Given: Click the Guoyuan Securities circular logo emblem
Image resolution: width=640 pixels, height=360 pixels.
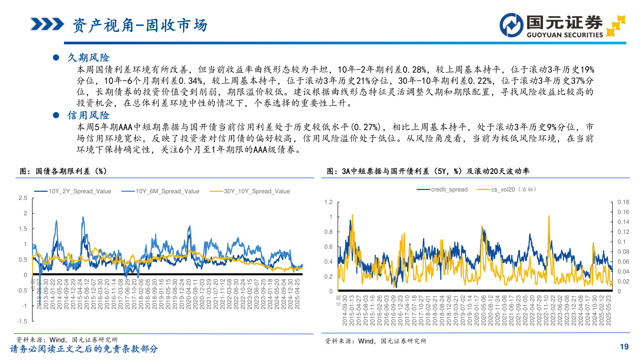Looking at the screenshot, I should (x=511, y=25).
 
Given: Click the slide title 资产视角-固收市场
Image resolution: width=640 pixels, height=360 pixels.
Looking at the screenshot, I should (x=140, y=25).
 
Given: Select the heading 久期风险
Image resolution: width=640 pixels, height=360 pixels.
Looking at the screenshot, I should (x=88, y=58).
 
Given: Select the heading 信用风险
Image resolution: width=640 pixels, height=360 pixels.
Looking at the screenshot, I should (x=88, y=115).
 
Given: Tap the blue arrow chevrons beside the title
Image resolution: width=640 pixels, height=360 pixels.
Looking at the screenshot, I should (x=47, y=24).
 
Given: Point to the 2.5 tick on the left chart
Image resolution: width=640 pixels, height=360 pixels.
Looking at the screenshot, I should (x=23, y=198).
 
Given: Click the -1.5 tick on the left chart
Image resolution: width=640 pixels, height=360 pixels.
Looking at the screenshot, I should (x=22, y=321).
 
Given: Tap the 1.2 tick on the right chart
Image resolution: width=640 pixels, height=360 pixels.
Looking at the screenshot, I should (x=328, y=202).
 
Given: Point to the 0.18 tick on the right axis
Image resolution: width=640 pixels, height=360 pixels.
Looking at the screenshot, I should (x=623, y=202).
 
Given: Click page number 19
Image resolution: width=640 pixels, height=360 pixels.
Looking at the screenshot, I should (x=624, y=347).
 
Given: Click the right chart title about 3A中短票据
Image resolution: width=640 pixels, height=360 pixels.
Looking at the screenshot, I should (x=428, y=171).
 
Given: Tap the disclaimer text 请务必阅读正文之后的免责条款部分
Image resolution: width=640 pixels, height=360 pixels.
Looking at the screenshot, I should (x=84, y=349).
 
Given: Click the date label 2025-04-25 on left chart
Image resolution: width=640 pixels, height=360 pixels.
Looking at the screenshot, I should (x=297, y=294).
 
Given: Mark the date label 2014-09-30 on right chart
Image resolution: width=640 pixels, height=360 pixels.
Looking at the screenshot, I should (x=345, y=310).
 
